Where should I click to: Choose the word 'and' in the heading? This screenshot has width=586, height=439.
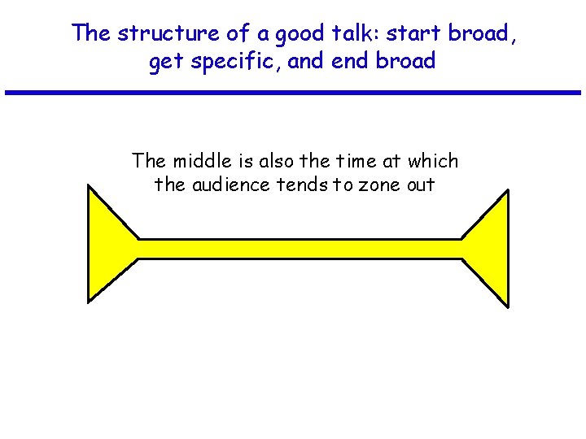coord(305,62)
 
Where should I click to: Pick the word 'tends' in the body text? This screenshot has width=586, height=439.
coord(303,185)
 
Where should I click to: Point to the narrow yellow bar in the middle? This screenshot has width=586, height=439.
coord(300,249)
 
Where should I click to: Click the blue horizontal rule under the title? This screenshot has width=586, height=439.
coord(293,93)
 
